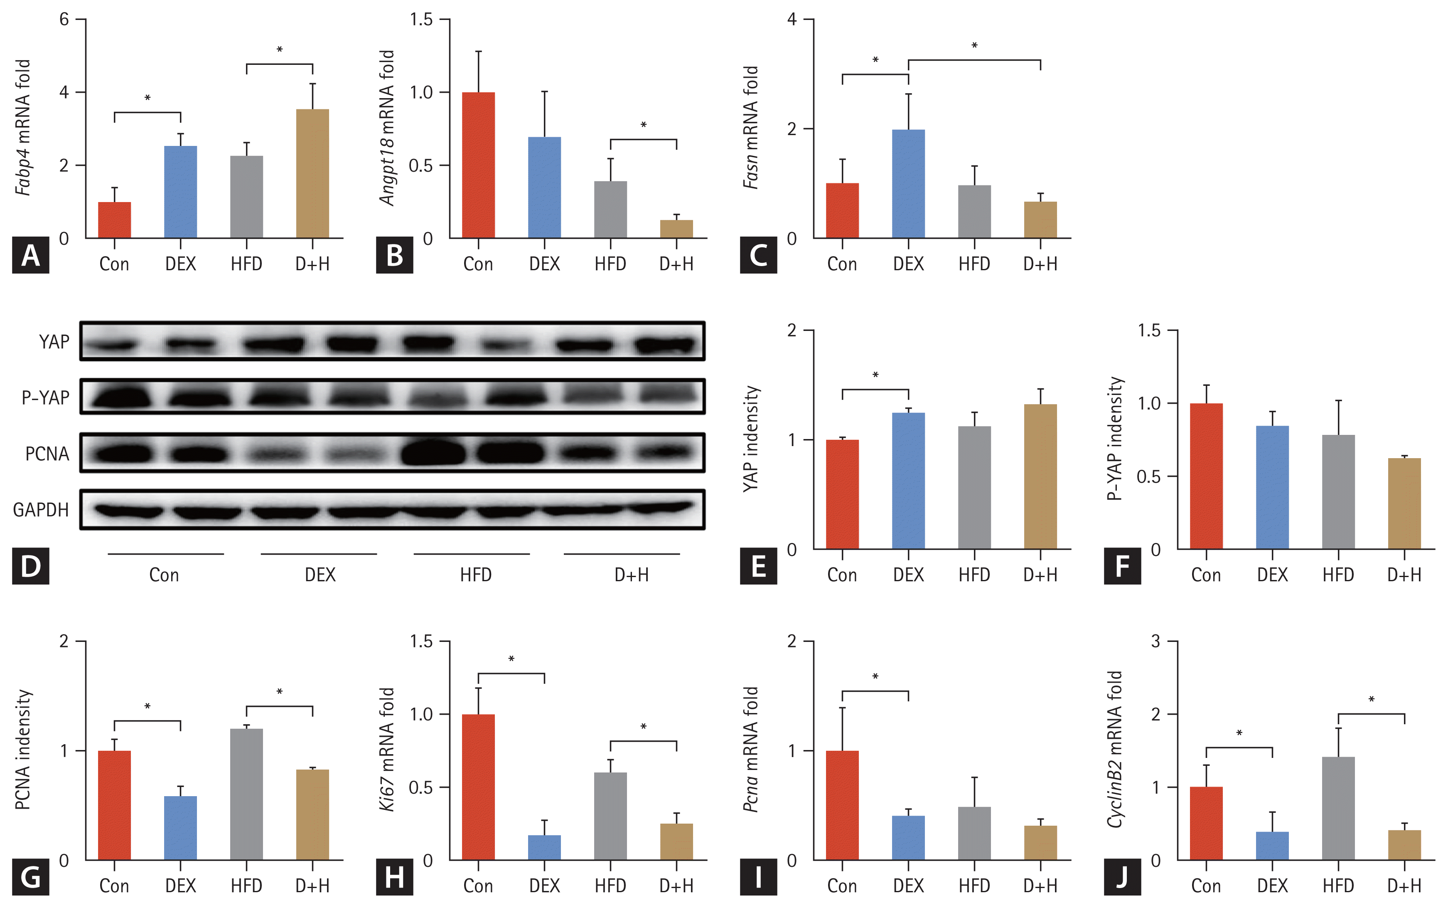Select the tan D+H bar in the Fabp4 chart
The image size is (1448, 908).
[312, 174]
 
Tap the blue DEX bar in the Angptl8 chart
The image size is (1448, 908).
[544, 188]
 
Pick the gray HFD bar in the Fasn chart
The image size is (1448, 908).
[974, 211]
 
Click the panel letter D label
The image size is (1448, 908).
[30, 566]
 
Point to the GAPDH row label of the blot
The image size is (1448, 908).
[41, 510]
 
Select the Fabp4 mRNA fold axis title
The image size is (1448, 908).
[23, 127]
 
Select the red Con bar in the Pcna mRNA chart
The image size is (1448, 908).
[842, 805]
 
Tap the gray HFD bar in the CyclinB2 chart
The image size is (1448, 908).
[1338, 808]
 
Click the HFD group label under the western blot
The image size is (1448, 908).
[475, 575]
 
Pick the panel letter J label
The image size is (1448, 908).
[1121, 877]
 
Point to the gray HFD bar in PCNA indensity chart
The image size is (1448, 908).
[246, 794]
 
